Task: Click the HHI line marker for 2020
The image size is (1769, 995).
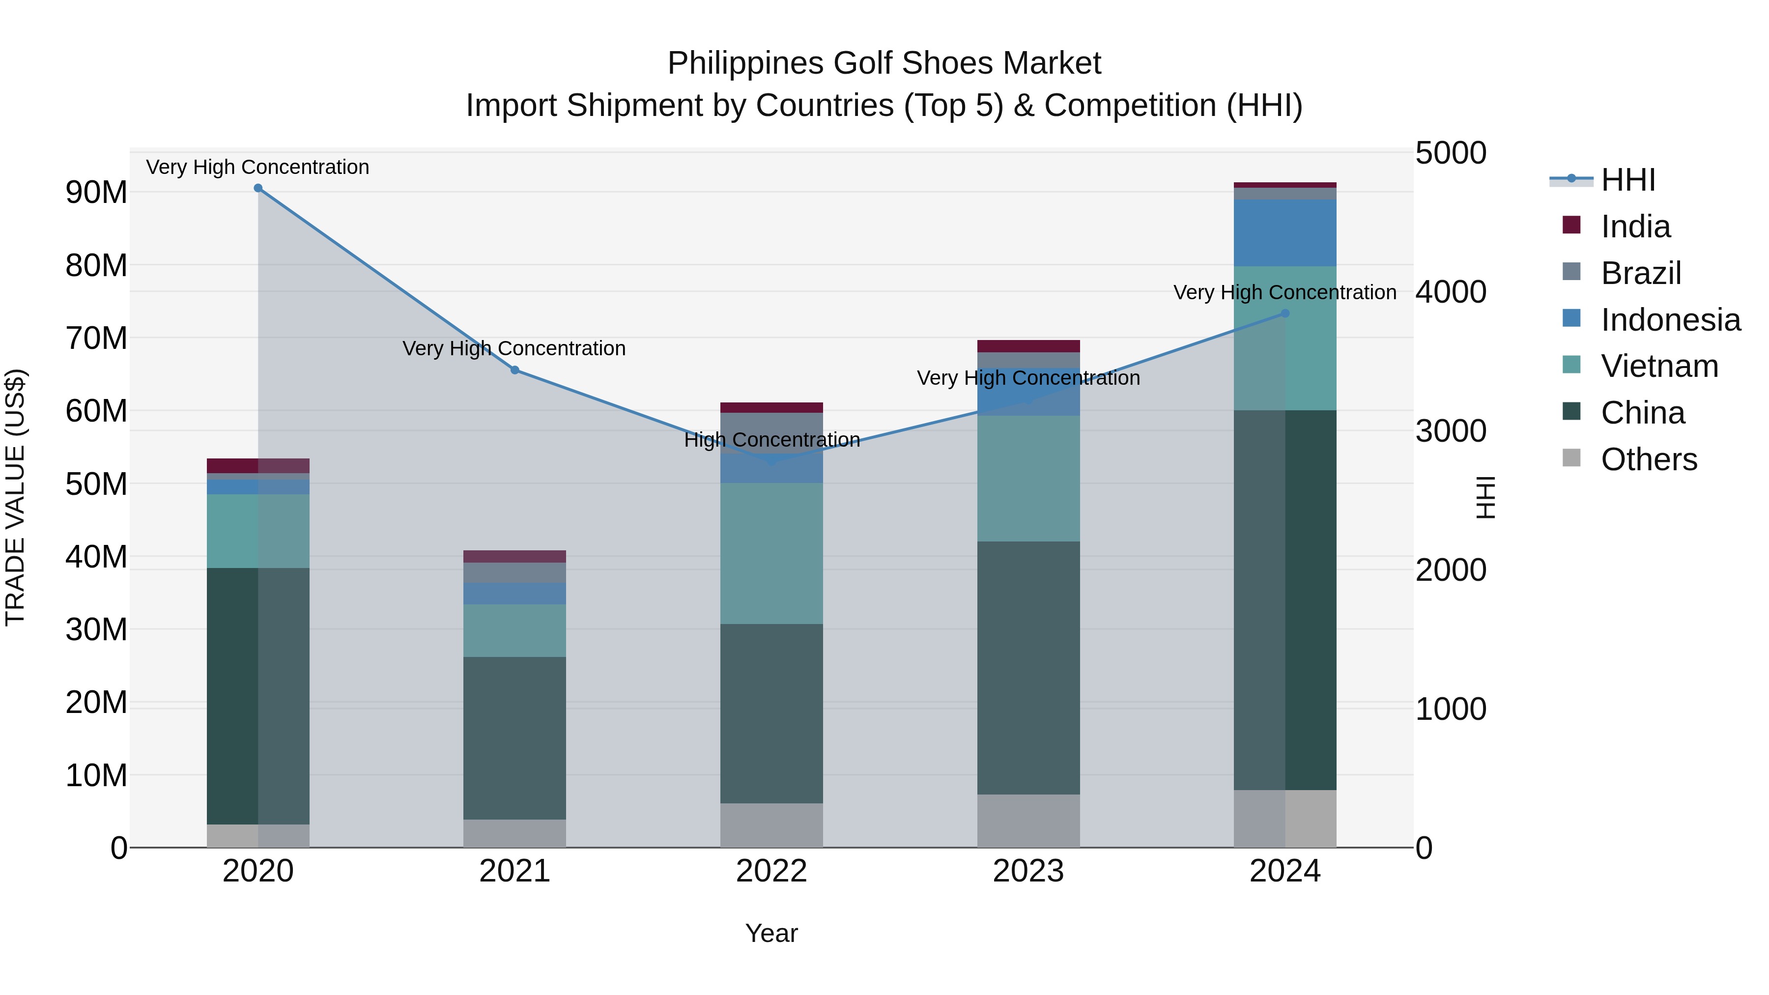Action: pos(258,188)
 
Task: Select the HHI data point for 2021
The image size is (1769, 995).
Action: pos(515,370)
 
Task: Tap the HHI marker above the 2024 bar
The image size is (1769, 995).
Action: pos(1285,313)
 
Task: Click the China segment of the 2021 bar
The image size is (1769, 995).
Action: pos(515,738)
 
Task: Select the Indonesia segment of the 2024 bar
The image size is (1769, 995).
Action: pos(1285,233)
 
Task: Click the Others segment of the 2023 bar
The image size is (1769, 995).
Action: pos(1028,821)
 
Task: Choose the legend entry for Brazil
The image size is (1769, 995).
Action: pos(1641,273)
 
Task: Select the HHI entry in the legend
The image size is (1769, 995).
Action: pos(1627,180)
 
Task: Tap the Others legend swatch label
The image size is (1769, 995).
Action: pos(1648,459)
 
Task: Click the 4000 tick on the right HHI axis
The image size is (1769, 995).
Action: pos(1451,292)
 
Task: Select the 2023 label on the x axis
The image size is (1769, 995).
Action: pos(1028,871)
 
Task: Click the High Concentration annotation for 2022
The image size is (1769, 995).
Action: pos(772,439)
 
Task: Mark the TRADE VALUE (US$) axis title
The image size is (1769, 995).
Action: pos(15,497)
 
